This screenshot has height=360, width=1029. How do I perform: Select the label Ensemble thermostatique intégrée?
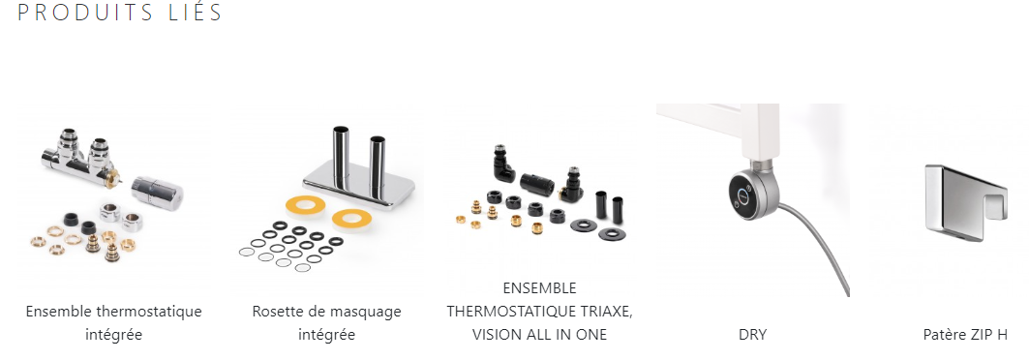(x=113, y=322)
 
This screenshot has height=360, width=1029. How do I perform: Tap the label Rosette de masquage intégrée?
(x=327, y=322)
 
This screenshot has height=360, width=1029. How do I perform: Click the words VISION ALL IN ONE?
(x=539, y=335)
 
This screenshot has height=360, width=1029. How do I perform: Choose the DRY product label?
(x=753, y=335)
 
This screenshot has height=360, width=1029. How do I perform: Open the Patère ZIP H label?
(x=965, y=335)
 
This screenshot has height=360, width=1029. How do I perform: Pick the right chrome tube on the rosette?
(x=378, y=165)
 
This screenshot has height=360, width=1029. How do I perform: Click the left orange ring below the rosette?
(x=305, y=204)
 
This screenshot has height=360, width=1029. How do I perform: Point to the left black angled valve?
(x=502, y=165)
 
